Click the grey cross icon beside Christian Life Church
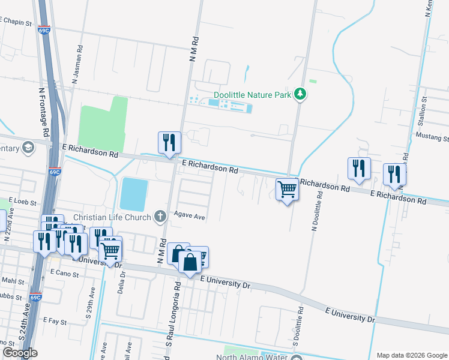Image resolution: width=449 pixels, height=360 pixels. pos(160,217)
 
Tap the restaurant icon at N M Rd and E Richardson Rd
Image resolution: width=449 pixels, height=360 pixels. pos(169,142)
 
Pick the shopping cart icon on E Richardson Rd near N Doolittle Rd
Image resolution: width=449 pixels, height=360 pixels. pos(288,190)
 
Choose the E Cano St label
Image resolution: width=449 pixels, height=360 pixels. pos(62,272)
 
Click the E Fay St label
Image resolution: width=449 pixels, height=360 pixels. pos(55,322)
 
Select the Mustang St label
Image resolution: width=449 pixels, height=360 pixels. pos(432,137)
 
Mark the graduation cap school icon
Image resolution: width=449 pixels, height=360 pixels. pos(28,148)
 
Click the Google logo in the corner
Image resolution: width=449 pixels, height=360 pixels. pos(20,353)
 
